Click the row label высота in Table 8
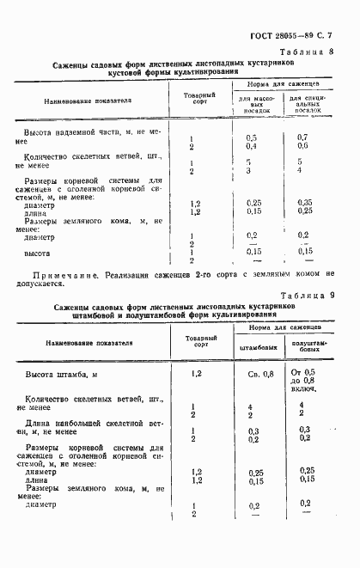tap(36, 253)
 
